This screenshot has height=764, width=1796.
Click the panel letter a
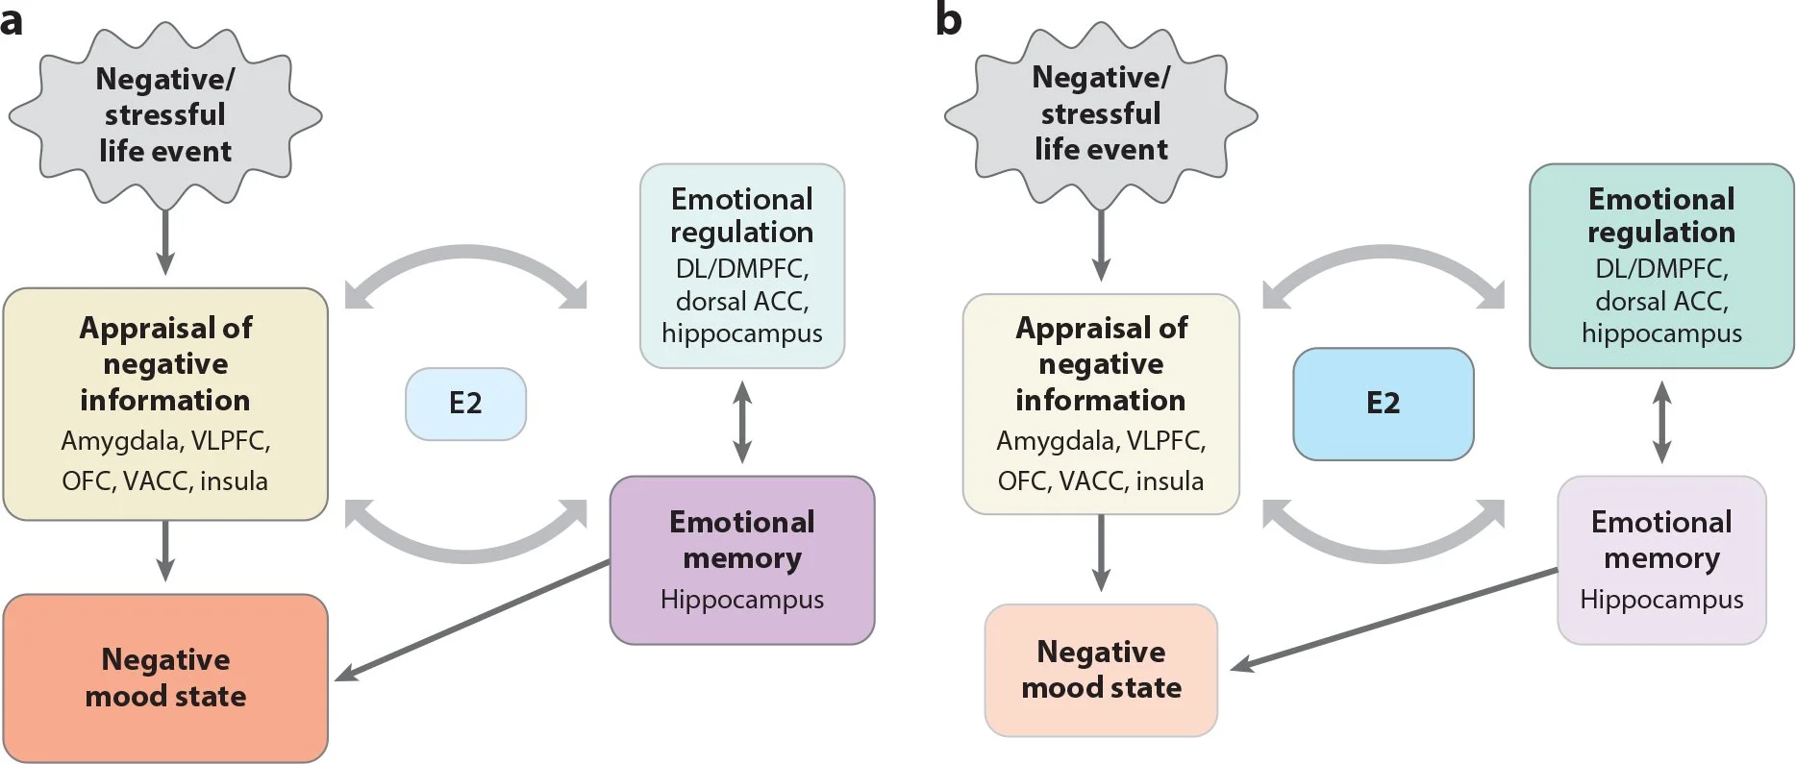[x=12, y=19]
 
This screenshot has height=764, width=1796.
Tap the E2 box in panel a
[x=465, y=404]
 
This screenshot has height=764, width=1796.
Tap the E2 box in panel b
[x=1383, y=404]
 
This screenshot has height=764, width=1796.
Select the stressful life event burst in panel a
[x=165, y=115]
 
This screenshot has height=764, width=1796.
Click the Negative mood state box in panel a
[x=165, y=678]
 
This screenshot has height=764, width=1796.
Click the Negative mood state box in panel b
[x=1101, y=670]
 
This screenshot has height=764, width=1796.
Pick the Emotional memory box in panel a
[x=742, y=560]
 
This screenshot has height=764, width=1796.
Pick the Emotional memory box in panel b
[x=1661, y=560]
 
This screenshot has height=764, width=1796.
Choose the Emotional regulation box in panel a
[x=742, y=265]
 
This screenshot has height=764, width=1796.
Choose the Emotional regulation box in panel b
[x=1661, y=265]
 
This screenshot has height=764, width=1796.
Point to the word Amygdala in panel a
[x=120, y=442]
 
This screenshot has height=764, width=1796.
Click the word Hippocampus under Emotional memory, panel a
[x=742, y=600]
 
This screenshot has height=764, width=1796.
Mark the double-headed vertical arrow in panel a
[x=742, y=422]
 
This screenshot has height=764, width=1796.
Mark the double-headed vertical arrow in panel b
[x=1661, y=422]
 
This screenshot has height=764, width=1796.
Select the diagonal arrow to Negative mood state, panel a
[x=472, y=621]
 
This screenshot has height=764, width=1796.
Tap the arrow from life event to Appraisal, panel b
[x=1101, y=245]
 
